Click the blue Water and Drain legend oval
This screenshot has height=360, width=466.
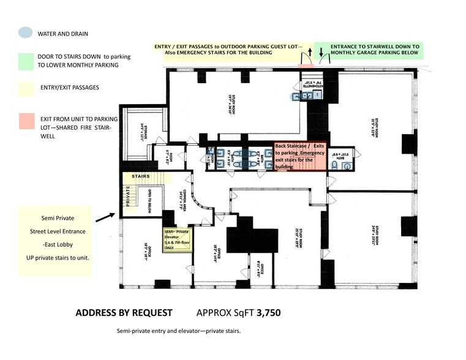tap(26, 33)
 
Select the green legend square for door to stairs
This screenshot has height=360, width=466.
tap(26, 61)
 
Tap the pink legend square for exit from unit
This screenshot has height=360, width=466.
tap(26, 121)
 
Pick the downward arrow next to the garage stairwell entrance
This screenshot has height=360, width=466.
tap(321, 54)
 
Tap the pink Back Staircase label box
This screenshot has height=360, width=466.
tap(301, 156)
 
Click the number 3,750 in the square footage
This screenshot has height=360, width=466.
tap(268, 313)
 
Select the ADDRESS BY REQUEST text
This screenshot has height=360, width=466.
tap(123, 313)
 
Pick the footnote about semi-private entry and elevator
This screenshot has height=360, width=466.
tap(179, 331)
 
